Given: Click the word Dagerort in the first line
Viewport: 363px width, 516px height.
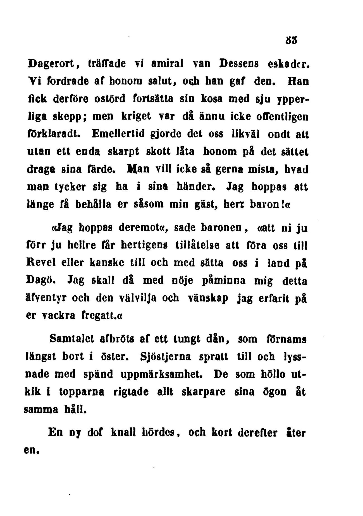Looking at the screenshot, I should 50,64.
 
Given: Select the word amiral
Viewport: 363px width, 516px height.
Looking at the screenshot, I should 167,64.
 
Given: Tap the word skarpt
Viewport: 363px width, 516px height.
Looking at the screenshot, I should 125,152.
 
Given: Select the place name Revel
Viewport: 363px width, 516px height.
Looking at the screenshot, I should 41,263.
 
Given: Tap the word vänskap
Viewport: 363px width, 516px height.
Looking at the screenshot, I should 208,299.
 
